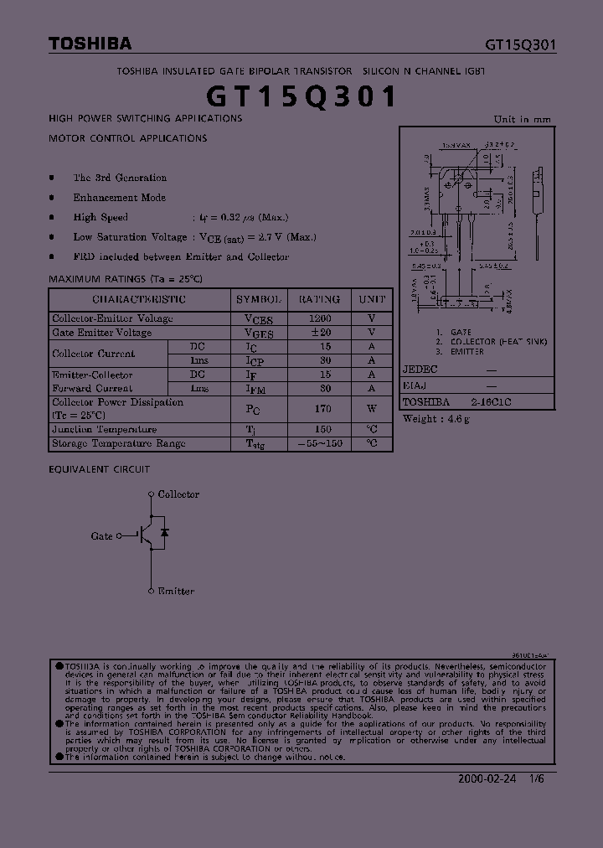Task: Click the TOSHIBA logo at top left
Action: [90, 44]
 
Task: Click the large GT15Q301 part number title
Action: [301, 96]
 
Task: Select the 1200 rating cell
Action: [320, 318]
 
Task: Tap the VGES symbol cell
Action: [259, 333]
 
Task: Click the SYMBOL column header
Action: [260, 299]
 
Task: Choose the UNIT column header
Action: [372, 299]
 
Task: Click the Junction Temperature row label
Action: [105, 430]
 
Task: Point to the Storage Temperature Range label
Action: [119, 443]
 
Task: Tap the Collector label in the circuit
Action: [178, 494]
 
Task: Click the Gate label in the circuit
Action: [101, 535]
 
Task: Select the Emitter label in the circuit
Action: [176, 591]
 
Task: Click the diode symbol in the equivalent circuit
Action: [165, 533]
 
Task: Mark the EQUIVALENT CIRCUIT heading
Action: [100, 470]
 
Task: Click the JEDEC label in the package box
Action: [420, 370]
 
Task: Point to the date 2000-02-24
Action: [486, 778]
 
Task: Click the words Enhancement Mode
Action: [120, 198]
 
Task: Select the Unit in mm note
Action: [523, 119]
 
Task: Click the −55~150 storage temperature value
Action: [320, 443]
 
